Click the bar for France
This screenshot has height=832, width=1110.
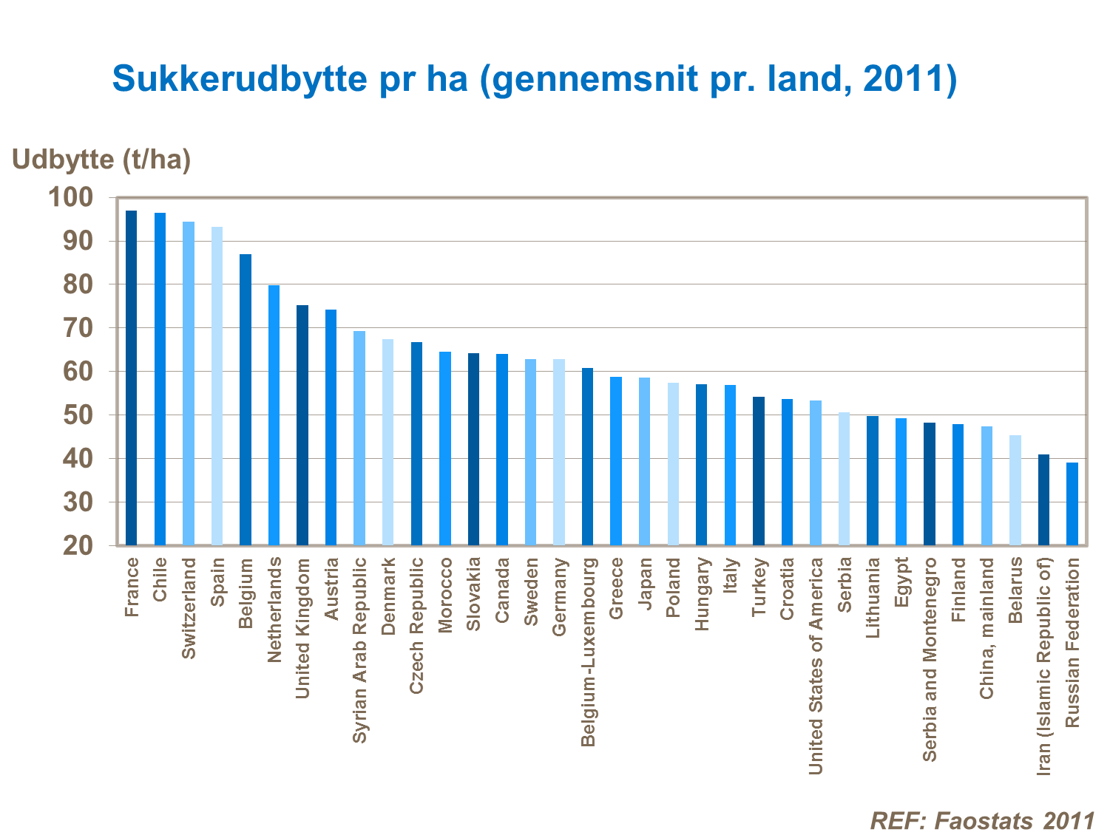132,378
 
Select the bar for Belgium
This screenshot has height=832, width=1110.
246,400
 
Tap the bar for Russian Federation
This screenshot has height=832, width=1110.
1072,504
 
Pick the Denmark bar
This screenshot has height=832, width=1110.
388,442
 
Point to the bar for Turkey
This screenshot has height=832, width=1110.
759,471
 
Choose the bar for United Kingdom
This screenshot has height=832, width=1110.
302,425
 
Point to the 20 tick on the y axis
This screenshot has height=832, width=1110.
78,545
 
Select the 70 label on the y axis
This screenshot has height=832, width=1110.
78,327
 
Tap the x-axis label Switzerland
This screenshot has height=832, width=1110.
189,607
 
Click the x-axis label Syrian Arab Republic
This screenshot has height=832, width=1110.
359,649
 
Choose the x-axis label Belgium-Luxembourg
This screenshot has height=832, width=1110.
588,652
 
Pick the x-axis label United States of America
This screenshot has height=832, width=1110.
816,666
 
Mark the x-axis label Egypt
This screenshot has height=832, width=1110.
901,582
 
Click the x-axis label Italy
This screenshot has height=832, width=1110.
731,576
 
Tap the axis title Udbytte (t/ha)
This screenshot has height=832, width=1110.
101,159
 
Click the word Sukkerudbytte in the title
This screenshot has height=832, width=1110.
239,78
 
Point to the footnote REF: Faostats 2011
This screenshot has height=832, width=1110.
982,820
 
